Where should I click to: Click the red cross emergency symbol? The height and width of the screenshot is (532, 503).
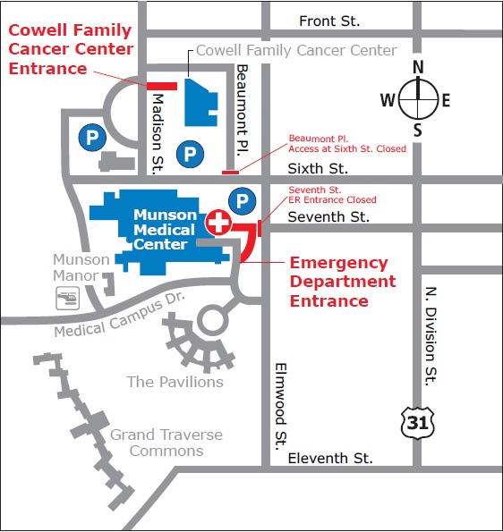tap(218, 221)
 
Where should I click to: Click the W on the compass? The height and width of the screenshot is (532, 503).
tap(388, 100)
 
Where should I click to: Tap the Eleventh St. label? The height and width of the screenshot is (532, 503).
tap(330, 459)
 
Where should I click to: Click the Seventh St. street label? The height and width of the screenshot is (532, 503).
tap(328, 216)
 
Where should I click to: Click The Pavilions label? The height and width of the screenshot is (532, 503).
tap(175, 382)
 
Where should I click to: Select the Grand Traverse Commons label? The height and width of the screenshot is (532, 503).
tap(166, 443)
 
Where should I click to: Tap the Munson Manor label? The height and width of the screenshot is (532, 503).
tap(81, 267)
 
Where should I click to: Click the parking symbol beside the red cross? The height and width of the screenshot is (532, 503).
tap(241, 199)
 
